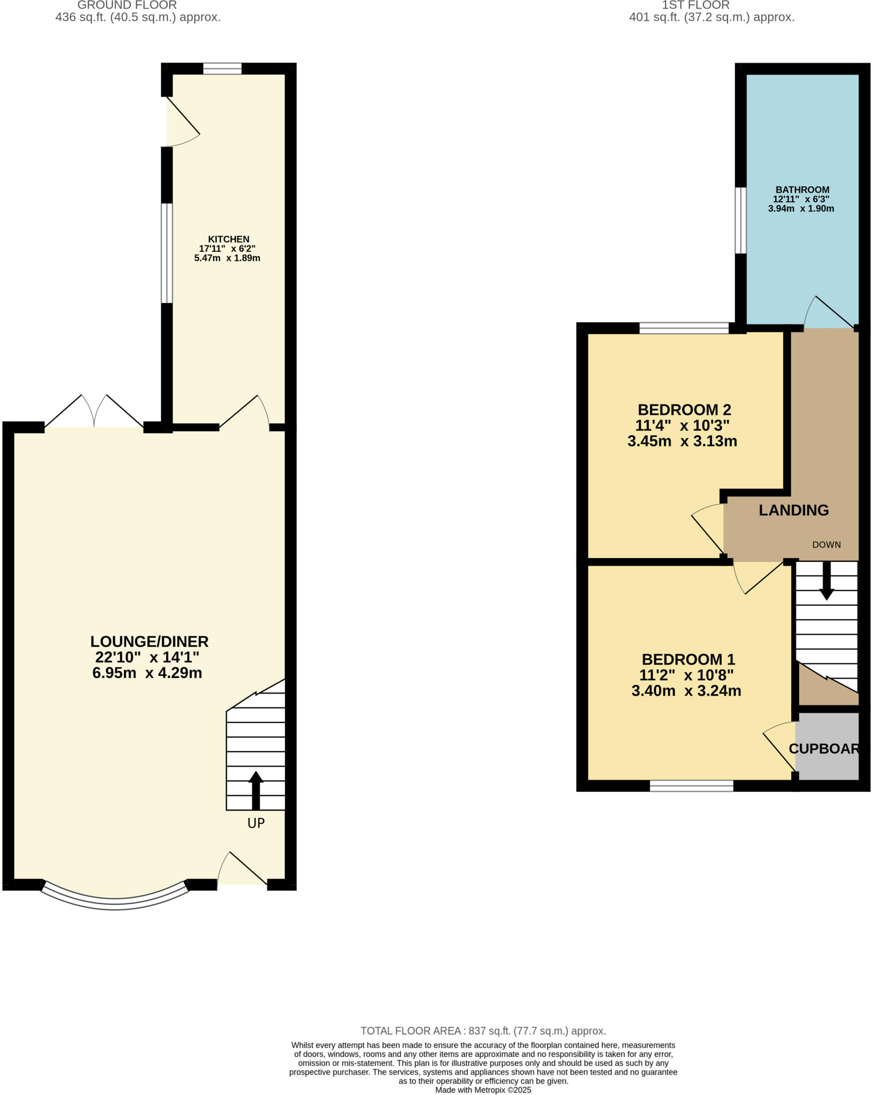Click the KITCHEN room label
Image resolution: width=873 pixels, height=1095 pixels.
[228, 239]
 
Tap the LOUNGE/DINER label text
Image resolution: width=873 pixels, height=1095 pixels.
[149, 641]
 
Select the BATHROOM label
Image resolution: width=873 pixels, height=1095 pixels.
[802, 190]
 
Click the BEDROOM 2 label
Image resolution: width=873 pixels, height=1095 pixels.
[684, 410]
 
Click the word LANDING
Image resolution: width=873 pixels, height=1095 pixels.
[793, 510]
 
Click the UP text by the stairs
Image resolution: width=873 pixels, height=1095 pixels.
[256, 823]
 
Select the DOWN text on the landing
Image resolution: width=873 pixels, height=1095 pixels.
[826, 545]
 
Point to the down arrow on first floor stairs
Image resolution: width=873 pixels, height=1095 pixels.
[826, 580]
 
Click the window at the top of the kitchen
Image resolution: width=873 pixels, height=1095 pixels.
[222, 68]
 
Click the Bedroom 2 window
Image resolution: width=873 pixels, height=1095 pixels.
[684, 328]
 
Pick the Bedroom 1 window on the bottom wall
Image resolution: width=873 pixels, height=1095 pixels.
[691, 785]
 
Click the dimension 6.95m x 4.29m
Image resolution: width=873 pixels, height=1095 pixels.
[147, 673]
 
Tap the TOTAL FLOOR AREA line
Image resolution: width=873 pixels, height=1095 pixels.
[483, 1031]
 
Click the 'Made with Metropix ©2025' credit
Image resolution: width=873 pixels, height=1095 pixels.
[483, 1090]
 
